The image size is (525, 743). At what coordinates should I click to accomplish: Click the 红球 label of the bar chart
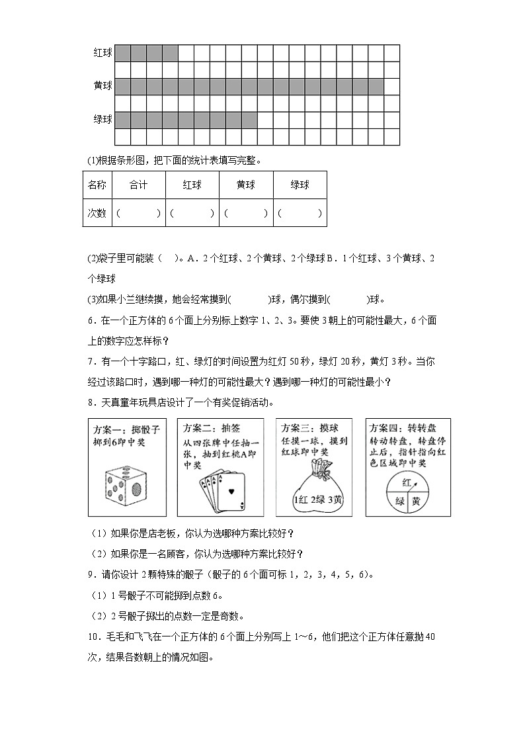[103, 53]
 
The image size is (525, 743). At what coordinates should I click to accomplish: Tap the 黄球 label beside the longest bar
[103, 86]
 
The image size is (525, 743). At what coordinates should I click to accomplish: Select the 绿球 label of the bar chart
[103, 120]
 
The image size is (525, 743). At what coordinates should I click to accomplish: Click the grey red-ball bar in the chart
[146, 53]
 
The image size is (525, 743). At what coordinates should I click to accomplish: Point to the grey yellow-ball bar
[249, 86]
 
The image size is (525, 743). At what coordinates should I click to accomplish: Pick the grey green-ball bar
[186, 120]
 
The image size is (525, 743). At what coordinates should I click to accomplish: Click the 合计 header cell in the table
[139, 185]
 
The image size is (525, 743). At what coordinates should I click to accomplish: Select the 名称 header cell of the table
[97, 185]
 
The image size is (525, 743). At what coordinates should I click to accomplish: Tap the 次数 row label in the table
[97, 213]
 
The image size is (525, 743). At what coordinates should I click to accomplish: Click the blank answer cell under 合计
[139, 213]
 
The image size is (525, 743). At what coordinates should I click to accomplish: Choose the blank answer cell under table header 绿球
[300, 213]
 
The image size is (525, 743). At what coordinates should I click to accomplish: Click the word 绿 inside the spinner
[399, 500]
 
